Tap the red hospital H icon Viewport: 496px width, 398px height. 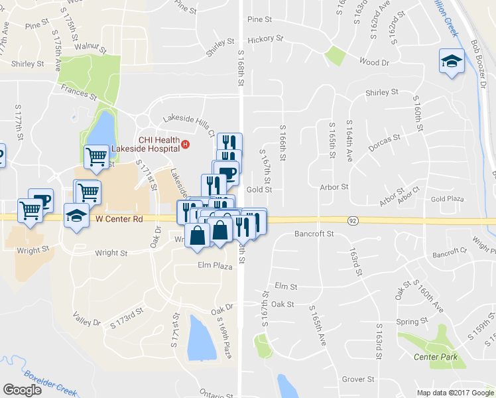coord(186,144)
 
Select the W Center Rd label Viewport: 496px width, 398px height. coord(119,218)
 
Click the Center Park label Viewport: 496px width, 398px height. coord(435,358)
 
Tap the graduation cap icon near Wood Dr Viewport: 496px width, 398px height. coord(451,62)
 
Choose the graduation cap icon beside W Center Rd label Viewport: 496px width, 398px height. coord(76,216)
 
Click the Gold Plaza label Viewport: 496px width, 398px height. coord(447,199)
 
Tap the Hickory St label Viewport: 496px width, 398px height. coord(265,39)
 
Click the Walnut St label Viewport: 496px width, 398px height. coord(91,48)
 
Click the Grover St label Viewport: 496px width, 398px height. coord(358,379)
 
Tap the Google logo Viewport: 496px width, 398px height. coord(22,390)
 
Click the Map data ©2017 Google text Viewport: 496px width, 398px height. coord(455,393)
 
